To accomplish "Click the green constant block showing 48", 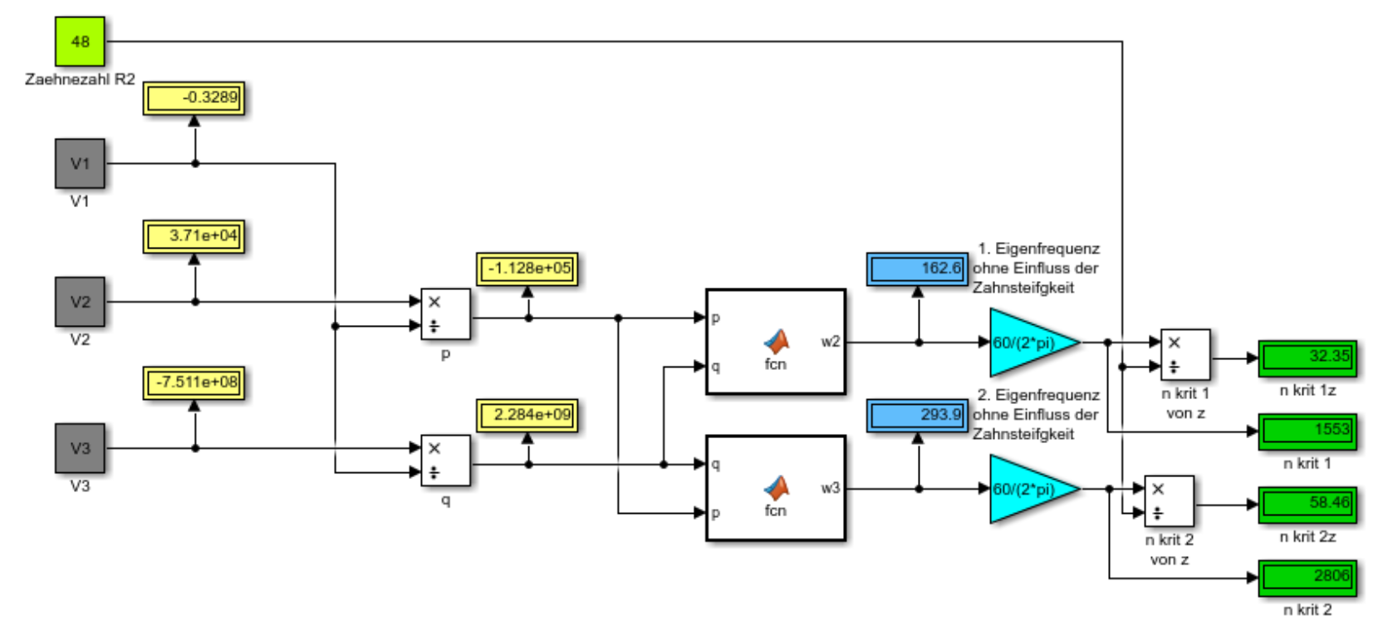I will pos(80,42).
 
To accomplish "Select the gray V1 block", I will pos(80,164).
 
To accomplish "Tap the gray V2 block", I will pos(80,302).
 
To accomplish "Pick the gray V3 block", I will pos(80,448).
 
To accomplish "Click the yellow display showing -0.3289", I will pos(194,98).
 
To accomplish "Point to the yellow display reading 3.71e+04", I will pos(194,236).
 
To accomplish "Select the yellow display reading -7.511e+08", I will pos(194,382).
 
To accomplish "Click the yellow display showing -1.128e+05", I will pos(527,269).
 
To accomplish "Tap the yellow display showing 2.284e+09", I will pos(527,415).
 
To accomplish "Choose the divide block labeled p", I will pos(445,314).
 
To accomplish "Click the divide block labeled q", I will pos(445,461).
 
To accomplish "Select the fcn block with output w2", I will pos(775,342).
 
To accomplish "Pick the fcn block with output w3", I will pos(775,488).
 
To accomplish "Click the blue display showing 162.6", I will pos(917,269).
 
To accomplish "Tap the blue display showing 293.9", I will pos(917,415).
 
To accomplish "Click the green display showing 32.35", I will pos(1307,357).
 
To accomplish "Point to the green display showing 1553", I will pos(1307,431).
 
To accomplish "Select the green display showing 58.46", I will pos(1307,504).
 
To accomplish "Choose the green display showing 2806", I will pos(1307,577).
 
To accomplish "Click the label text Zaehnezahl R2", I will pos(80,80).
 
